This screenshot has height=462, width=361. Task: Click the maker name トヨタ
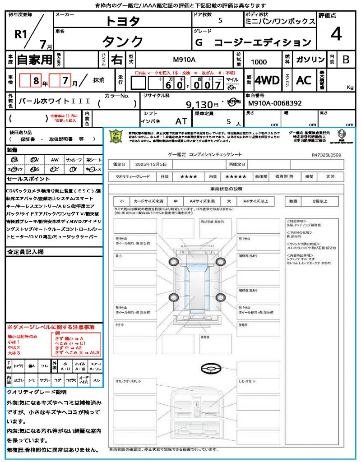click(x=123, y=21)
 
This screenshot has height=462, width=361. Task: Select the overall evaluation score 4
click(x=336, y=34)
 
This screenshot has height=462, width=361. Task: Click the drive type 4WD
click(x=267, y=80)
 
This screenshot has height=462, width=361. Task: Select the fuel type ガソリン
click(x=310, y=60)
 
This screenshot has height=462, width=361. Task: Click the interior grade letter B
click(x=346, y=60)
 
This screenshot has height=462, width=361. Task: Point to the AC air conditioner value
click(x=304, y=80)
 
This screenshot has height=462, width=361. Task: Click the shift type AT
click(x=181, y=121)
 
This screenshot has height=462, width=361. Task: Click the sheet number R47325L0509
click(x=326, y=155)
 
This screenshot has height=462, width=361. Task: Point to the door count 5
click(x=220, y=20)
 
